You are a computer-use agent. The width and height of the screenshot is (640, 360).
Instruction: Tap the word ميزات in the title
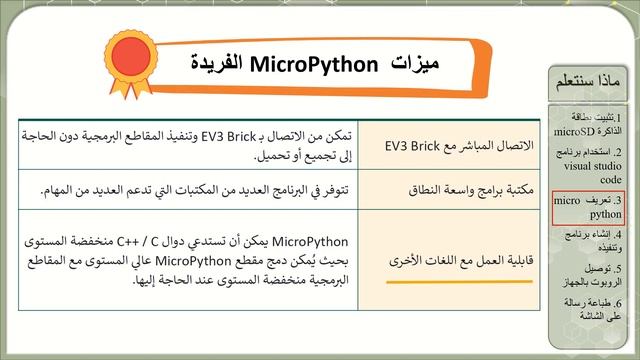(413, 64)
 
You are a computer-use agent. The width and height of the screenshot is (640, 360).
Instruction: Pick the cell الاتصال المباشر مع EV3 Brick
(460, 146)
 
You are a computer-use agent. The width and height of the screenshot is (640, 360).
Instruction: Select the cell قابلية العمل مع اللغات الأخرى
(461, 259)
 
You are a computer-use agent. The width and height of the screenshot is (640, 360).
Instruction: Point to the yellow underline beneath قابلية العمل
(461, 281)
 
